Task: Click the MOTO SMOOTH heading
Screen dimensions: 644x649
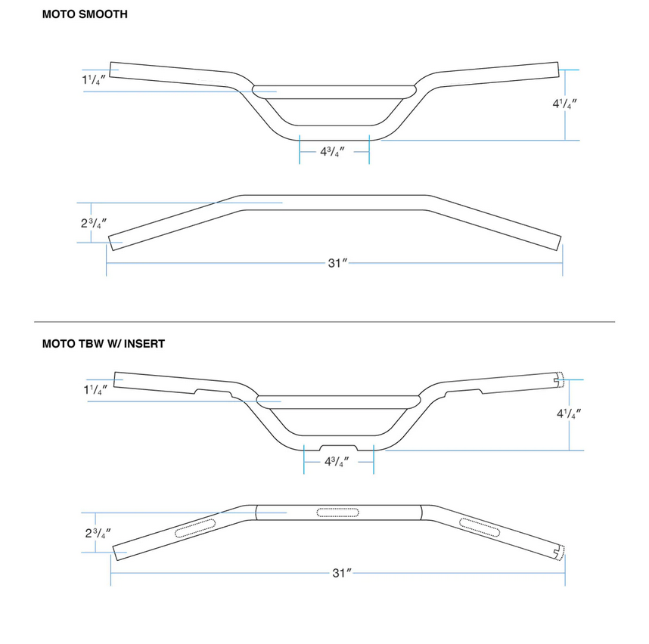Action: pyautogui.click(x=84, y=14)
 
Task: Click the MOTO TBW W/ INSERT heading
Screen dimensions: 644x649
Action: pyautogui.click(x=103, y=343)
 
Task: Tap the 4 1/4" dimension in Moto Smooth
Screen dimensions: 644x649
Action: pyautogui.click(x=566, y=104)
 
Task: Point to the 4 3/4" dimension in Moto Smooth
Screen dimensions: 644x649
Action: pyautogui.click(x=332, y=151)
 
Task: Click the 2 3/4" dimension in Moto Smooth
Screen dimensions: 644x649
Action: pyautogui.click(x=92, y=223)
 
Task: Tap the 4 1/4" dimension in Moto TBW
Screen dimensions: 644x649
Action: pyautogui.click(x=569, y=413)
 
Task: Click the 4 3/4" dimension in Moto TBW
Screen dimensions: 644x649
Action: pyautogui.click(x=337, y=462)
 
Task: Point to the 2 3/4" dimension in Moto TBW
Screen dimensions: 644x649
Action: pyautogui.click(x=98, y=533)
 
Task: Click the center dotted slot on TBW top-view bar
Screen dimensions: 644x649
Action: pyautogui.click(x=338, y=513)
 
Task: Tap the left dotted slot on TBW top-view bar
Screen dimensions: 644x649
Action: pyautogui.click(x=195, y=528)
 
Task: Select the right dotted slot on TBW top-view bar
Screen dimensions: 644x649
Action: pyautogui.click(x=481, y=528)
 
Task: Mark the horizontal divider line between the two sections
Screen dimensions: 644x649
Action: pyautogui.click(x=324, y=322)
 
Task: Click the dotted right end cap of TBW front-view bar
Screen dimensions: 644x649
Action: pyautogui.click(x=560, y=379)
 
